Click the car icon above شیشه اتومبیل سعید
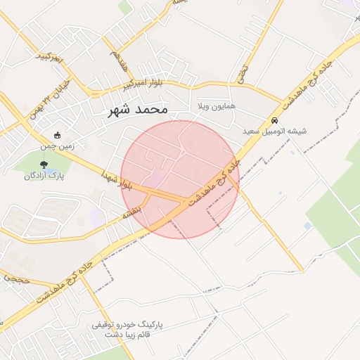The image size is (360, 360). coord(274,120)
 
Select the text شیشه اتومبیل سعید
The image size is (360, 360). coord(274,131)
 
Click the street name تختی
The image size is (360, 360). coord(243,73)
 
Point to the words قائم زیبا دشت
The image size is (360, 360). coord(115,335)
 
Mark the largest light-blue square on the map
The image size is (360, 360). coord(307,226)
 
